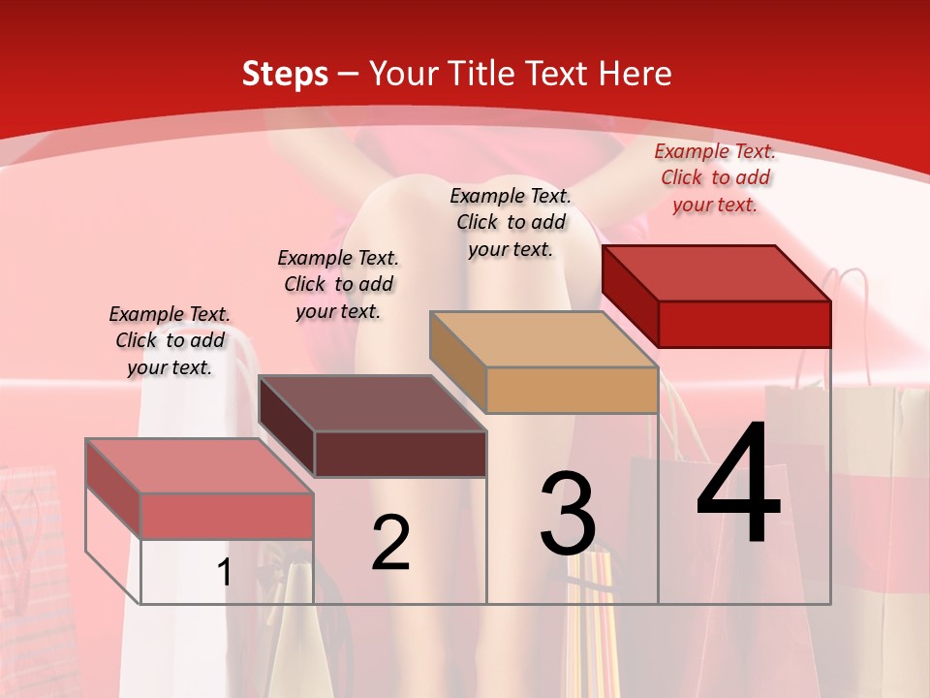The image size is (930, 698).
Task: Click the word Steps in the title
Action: [x=285, y=74]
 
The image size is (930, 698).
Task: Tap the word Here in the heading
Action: [x=635, y=74]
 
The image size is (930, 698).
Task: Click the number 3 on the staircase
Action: [x=568, y=514]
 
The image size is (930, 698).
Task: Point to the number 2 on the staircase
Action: [x=390, y=543]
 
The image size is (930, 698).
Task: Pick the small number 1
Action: [x=224, y=572]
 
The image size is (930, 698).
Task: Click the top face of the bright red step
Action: [x=717, y=272]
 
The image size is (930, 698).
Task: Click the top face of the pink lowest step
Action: [x=200, y=465]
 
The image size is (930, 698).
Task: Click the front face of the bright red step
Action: [x=744, y=324]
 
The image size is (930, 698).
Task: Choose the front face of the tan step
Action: [x=572, y=390]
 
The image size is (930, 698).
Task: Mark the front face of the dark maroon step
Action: [x=399, y=454]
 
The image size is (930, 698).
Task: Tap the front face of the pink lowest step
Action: [x=227, y=516]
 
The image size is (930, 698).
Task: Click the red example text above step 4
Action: [x=715, y=177]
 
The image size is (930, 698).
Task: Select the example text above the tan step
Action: [x=511, y=222]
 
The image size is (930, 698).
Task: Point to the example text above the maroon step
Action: [x=338, y=284]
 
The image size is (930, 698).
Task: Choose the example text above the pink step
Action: [x=170, y=340]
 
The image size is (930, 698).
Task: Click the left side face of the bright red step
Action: [x=630, y=297]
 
